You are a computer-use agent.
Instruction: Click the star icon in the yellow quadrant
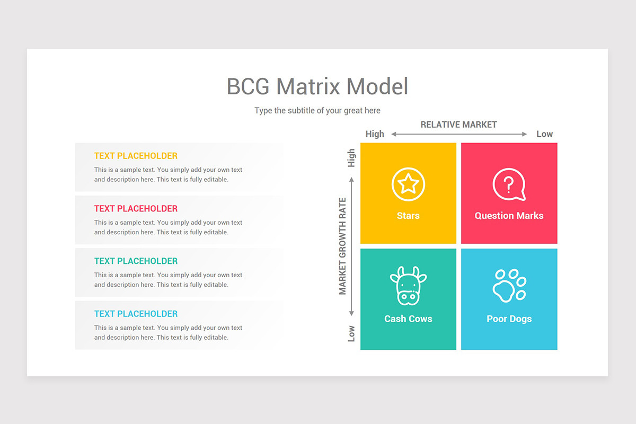408,184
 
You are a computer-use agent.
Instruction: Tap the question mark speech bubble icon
509,184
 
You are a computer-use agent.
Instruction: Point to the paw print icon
509,285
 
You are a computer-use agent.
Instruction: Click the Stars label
408,216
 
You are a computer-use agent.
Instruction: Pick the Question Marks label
509,216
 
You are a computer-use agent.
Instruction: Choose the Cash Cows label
408,319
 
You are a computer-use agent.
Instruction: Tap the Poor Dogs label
509,319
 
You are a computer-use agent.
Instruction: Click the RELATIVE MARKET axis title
458,125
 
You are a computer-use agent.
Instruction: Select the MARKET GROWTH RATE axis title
343,246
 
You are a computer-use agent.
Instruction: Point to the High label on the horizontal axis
375,134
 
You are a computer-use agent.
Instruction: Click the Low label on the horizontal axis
544,134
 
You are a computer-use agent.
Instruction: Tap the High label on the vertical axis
351,158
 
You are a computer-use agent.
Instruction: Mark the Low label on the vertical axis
351,333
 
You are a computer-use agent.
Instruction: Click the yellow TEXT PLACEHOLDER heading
136,156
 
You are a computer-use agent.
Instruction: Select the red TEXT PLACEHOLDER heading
136,208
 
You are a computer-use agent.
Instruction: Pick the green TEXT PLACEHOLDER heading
136,261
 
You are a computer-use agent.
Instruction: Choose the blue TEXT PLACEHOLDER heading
136,313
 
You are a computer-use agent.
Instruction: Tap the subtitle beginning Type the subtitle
317,111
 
